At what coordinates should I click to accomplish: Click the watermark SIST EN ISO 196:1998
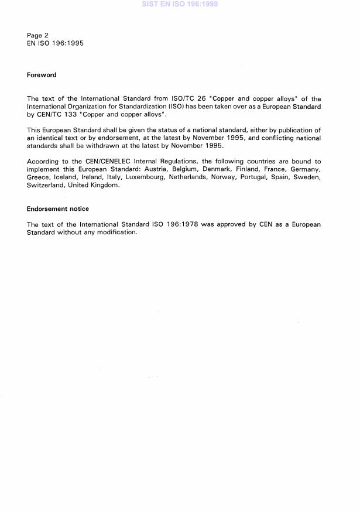click(180, 4)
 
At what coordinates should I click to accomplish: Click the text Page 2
click(37, 35)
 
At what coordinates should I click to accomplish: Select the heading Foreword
click(42, 75)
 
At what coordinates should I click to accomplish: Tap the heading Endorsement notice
click(57, 208)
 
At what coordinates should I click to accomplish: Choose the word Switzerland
click(46, 184)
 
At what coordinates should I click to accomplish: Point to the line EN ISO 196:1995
click(55, 43)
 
